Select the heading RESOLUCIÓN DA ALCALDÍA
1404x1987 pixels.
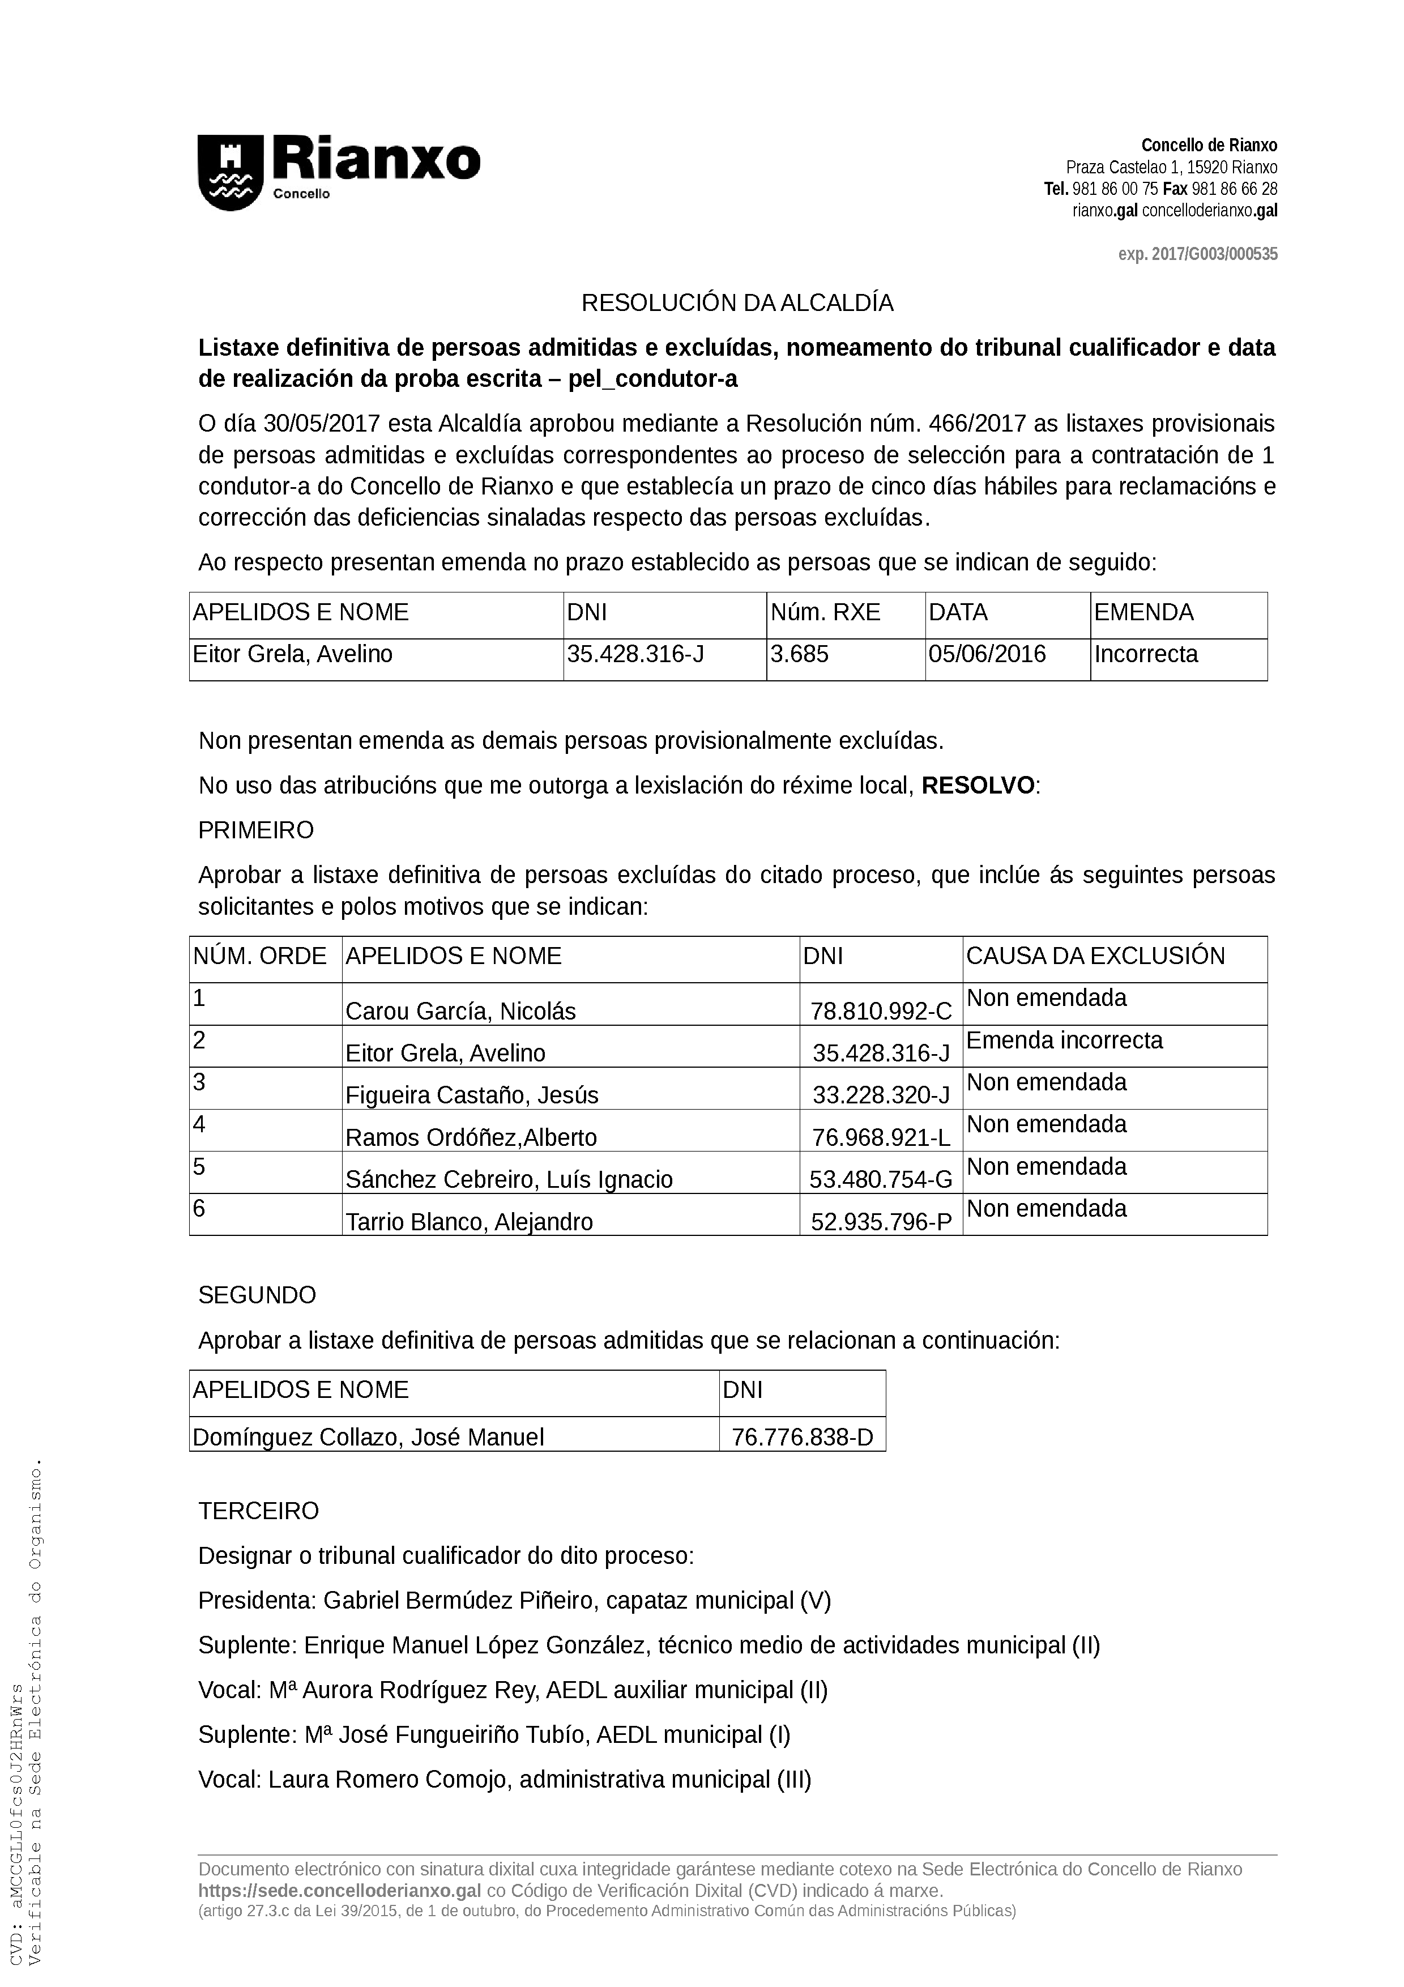pos(737,303)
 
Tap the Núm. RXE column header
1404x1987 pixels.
pos(825,613)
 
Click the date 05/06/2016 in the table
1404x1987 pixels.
pos(987,654)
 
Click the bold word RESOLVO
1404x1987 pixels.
pos(978,786)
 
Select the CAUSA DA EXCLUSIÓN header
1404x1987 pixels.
pos(1095,956)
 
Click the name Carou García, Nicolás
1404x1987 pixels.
pos(460,1011)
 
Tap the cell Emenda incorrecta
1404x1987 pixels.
pos(1064,1041)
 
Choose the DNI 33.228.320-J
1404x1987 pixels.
pos(881,1095)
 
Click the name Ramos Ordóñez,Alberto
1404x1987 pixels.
pos(471,1137)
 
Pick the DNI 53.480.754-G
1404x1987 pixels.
pos(881,1179)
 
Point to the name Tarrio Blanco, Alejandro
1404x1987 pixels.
pos(469,1222)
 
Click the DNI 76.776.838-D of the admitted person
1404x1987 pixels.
pos(802,1438)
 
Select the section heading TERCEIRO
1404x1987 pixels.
pos(259,1511)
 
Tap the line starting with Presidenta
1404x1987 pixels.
pos(514,1601)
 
